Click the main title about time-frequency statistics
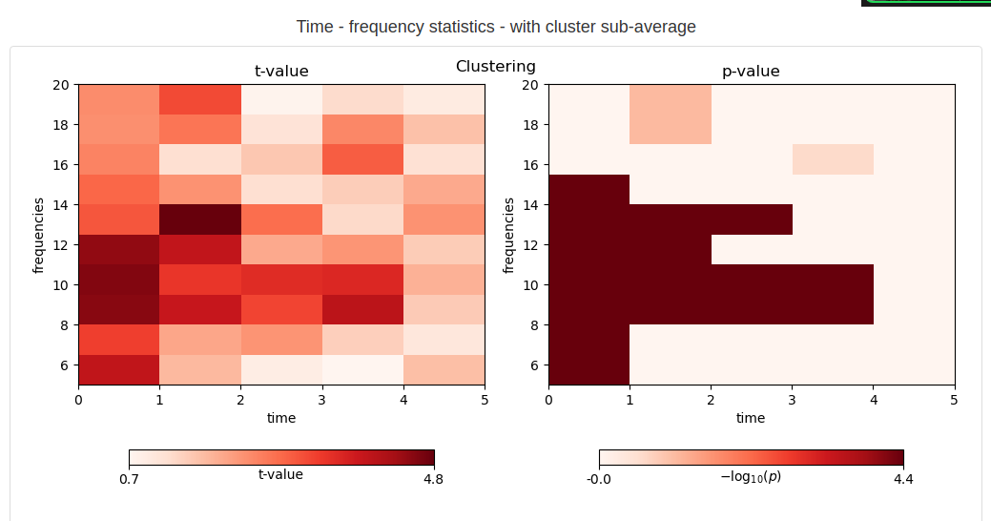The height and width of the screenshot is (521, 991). point(496,27)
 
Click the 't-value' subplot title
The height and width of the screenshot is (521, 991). point(281,72)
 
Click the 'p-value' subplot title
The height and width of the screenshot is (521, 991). point(751,72)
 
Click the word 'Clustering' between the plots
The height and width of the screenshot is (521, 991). point(496,67)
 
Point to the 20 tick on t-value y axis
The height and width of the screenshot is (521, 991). point(60,85)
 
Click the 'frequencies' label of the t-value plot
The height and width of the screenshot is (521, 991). point(39,235)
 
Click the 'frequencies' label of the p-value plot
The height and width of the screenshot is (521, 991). point(509,235)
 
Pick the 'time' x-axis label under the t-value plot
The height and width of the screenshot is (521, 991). point(281,418)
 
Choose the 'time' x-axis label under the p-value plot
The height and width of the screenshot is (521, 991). point(751,418)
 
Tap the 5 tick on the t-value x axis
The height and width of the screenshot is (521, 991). point(485,399)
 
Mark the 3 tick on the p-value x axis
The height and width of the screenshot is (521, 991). point(793,399)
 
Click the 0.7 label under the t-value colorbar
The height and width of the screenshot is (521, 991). point(130,480)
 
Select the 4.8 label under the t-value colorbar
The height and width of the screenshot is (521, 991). point(433,480)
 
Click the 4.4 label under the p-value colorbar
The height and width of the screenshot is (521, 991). point(903,480)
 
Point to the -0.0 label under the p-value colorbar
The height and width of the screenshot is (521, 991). point(599,480)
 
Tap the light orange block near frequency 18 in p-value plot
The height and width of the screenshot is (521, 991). point(671,115)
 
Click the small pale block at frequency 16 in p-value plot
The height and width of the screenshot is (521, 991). point(833,159)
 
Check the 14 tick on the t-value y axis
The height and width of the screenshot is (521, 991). point(60,205)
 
